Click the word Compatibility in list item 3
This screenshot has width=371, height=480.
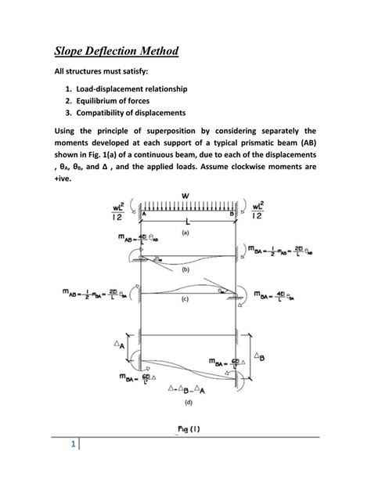pyautogui.click(x=106, y=114)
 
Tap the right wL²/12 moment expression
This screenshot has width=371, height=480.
pyautogui.click(x=259, y=213)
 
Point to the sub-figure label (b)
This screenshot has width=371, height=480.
pyautogui.click(x=185, y=269)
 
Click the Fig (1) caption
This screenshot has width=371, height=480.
pyautogui.click(x=187, y=431)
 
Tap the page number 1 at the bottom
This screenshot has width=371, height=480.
pyautogui.click(x=72, y=448)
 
